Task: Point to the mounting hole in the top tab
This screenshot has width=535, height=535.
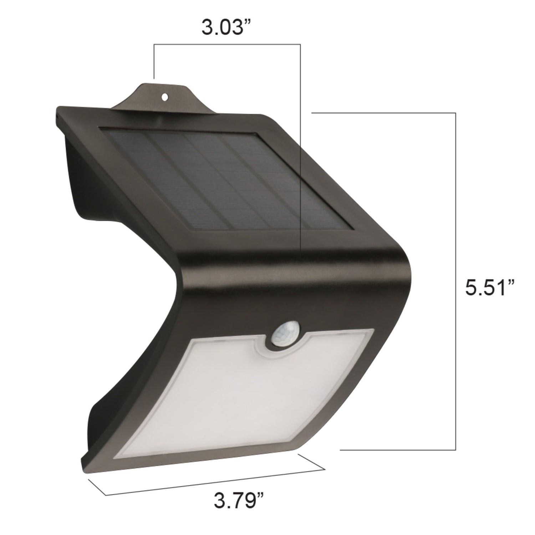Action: pyautogui.click(x=165, y=96)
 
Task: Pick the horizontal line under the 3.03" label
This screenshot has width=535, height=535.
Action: pyautogui.click(x=227, y=44)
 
